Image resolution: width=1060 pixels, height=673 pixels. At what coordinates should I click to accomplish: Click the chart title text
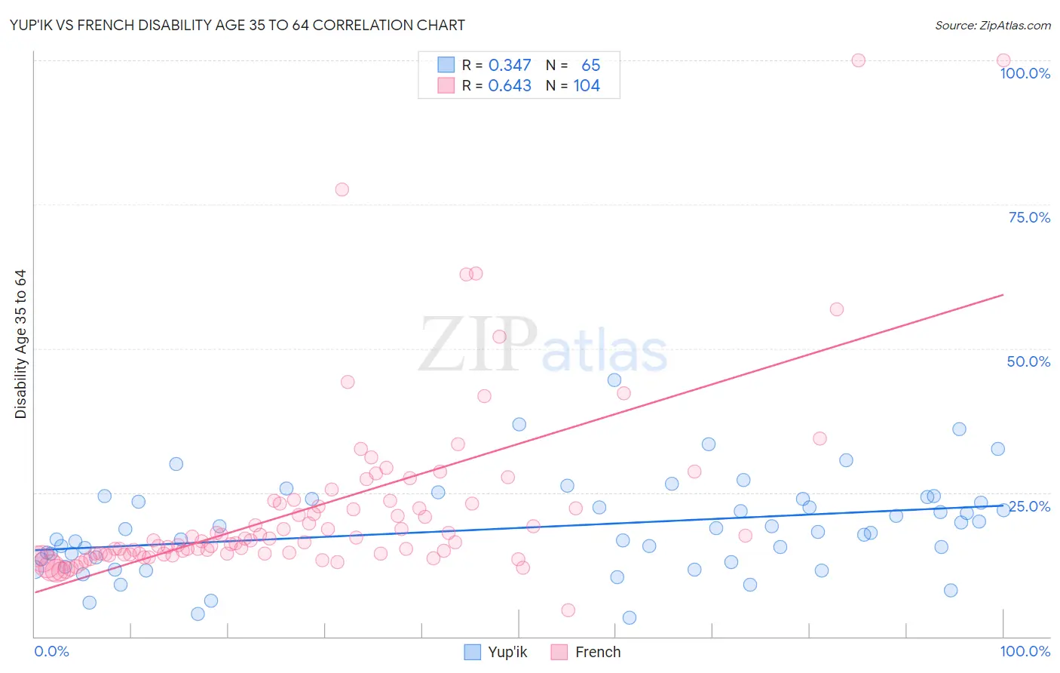click(x=237, y=25)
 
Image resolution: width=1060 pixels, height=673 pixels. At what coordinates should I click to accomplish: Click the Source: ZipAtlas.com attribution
click(x=992, y=25)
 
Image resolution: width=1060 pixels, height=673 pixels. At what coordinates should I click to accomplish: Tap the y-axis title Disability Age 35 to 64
click(x=20, y=344)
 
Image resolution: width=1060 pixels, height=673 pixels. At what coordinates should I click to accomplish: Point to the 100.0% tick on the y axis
click(x=1025, y=73)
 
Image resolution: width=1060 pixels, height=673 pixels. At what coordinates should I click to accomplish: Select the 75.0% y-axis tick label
click(x=1029, y=217)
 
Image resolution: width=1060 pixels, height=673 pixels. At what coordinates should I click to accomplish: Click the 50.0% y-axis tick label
click(x=1028, y=361)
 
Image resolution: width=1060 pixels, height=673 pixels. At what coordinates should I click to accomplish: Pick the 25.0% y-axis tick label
click(x=1029, y=506)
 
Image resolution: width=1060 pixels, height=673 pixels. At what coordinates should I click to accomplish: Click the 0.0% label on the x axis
click(x=51, y=651)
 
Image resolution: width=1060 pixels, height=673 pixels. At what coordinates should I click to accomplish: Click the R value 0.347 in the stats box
click(x=510, y=66)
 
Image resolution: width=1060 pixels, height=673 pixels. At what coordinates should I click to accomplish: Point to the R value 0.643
click(x=510, y=86)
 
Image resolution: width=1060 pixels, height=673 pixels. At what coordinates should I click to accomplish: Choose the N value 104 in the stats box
click(x=587, y=86)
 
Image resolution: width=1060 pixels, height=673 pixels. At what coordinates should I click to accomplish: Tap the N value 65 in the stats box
click(x=590, y=66)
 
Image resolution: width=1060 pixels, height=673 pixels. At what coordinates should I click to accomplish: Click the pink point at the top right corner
click(x=1003, y=60)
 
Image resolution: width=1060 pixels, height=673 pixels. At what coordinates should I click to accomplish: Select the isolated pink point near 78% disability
click(x=342, y=189)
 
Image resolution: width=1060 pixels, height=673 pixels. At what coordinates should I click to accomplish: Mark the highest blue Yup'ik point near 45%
click(x=614, y=380)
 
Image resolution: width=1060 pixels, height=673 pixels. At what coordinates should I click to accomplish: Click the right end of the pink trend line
click(x=1003, y=294)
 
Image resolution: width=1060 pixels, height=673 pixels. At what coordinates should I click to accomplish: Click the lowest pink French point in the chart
click(x=568, y=610)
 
